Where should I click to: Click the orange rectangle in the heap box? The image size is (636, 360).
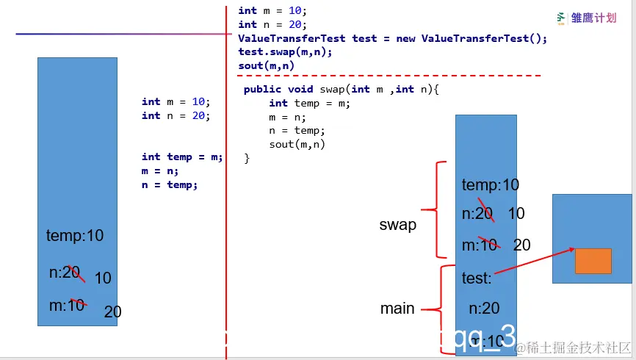click(593, 261)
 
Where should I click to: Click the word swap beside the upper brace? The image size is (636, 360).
click(397, 225)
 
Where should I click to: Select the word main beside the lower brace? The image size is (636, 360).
click(397, 309)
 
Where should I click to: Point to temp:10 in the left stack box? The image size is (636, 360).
click(75, 236)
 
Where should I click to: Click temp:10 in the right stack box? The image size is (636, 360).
click(490, 185)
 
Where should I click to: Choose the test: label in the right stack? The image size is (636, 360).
click(477, 278)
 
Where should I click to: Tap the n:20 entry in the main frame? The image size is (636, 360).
click(484, 309)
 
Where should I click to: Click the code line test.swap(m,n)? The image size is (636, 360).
click(285, 52)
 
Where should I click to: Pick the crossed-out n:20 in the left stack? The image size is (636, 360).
click(65, 273)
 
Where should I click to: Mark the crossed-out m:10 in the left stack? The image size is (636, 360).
click(67, 306)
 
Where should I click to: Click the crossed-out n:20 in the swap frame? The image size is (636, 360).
click(478, 214)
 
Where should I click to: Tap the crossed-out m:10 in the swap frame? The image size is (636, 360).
click(480, 245)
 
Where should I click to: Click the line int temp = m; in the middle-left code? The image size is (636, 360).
click(181, 156)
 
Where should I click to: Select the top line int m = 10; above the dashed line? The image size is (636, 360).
click(272, 11)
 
